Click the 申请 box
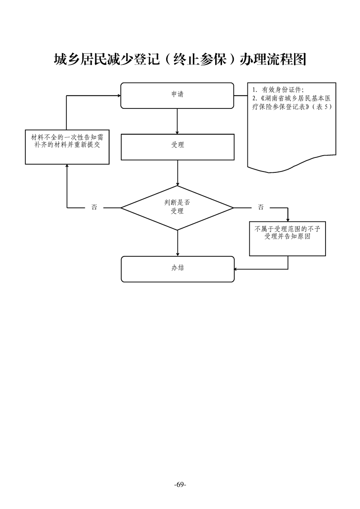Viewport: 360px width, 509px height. [x=177, y=95]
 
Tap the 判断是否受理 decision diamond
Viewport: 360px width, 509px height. [x=177, y=208]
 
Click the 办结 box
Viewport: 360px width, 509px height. [x=178, y=269]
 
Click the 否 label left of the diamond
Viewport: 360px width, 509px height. [x=94, y=208]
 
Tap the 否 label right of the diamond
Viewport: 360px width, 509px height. [x=261, y=208]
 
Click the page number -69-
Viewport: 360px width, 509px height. [x=180, y=485]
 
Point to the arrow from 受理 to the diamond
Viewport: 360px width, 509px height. [x=177, y=172]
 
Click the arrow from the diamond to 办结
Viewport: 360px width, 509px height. [x=177, y=243]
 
